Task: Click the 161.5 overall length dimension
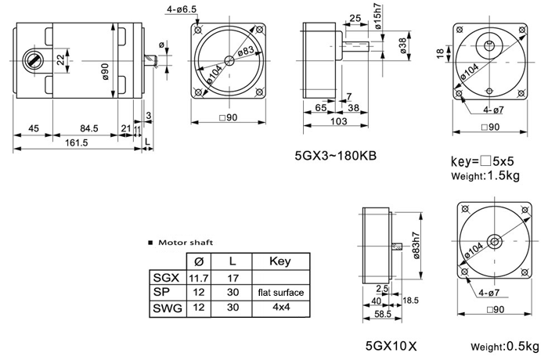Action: click(76, 142)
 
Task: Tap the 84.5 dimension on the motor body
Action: click(89, 128)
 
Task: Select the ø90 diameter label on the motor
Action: click(105, 71)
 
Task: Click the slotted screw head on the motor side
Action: click(34, 60)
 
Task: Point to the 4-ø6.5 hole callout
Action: click(182, 9)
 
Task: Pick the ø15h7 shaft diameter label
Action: click(377, 16)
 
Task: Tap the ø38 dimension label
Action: click(403, 46)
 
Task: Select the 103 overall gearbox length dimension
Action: click(339, 121)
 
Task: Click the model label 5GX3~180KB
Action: click(336, 155)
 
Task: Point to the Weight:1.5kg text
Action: click(485, 175)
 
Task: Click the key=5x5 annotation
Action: click(482, 161)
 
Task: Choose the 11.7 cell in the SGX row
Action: click(199, 278)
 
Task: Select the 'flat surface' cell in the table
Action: click(281, 293)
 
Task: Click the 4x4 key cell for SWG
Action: click(281, 308)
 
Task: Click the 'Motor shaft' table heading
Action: click(186, 243)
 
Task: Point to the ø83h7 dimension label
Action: click(416, 245)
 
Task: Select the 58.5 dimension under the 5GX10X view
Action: click(383, 314)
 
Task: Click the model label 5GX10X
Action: click(391, 346)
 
